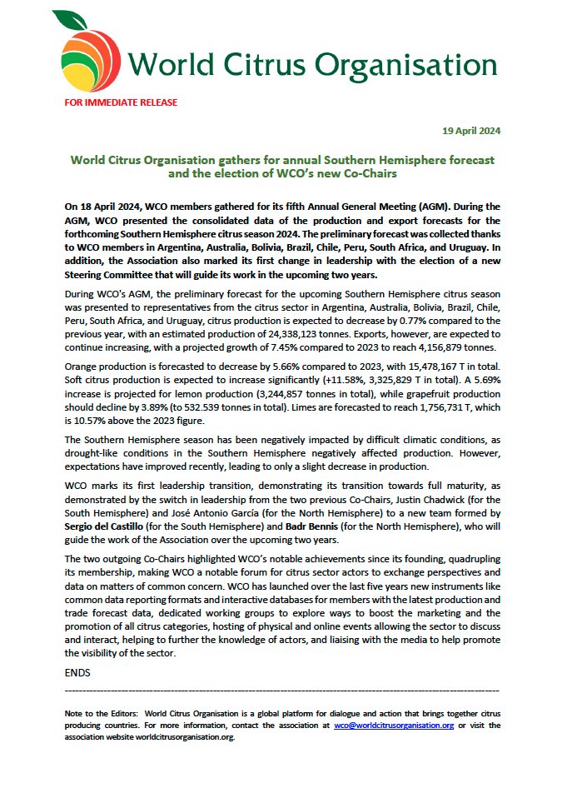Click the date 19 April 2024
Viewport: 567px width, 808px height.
470,132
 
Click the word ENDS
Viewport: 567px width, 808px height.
77,671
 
